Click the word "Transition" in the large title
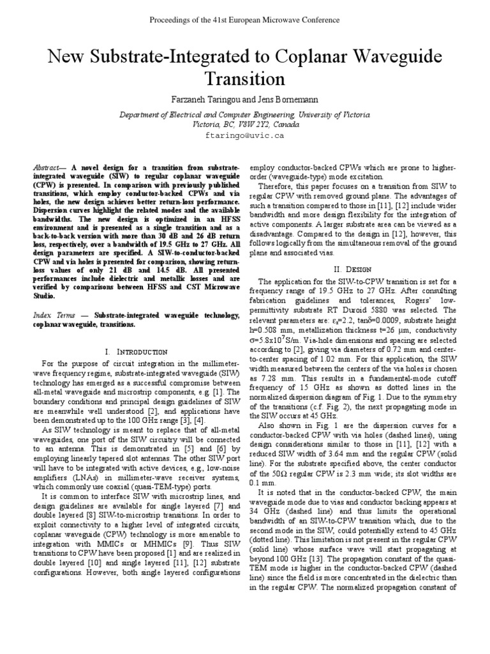click(x=244, y=79)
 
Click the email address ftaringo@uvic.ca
click(x=244, y=135)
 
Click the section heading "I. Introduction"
click(x=135, y=352)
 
